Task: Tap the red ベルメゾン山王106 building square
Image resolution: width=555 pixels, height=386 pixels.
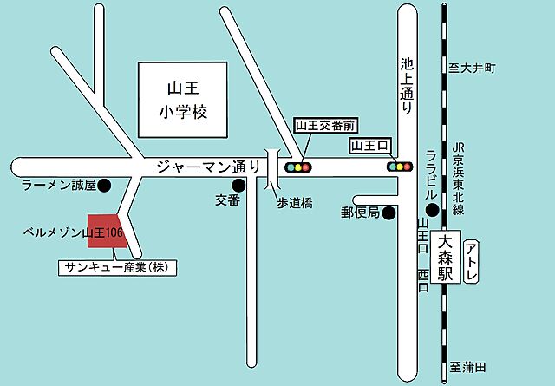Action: (108, 233)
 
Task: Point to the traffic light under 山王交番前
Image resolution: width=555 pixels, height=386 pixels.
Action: (299, 167)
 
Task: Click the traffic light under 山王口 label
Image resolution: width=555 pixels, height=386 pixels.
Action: (400, 167)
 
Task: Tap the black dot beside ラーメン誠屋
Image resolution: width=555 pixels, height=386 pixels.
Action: (104, 185)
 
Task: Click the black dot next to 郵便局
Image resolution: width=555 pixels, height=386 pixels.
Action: (389, 213)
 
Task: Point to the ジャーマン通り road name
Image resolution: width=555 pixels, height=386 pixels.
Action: (207, 166)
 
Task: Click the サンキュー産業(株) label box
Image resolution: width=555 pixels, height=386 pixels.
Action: (116, 268)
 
